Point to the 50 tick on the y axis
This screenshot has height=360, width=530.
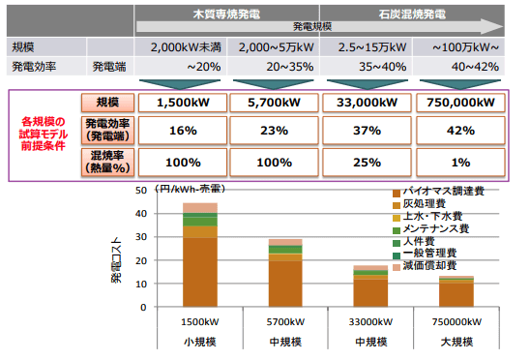[x=141, y=191]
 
